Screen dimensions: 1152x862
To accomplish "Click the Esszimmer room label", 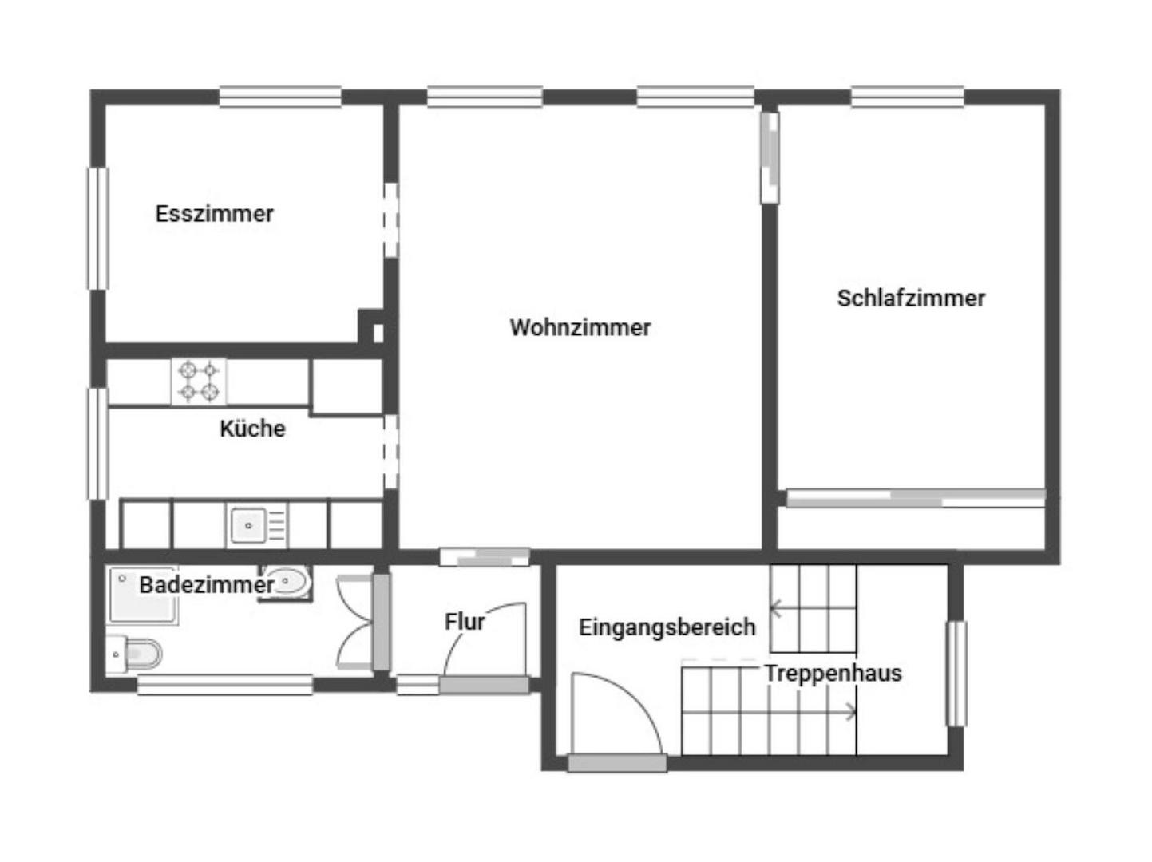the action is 214,214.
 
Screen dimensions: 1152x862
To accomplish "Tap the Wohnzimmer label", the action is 580,327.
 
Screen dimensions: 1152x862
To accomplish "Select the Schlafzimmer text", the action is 911,298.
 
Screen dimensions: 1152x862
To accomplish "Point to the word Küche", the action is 252,428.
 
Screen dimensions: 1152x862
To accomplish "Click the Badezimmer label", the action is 206,584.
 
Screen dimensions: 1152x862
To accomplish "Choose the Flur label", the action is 465,621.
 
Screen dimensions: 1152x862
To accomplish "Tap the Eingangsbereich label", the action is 667,627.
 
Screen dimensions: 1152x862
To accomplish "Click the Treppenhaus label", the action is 833,673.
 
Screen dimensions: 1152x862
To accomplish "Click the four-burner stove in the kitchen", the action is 199,382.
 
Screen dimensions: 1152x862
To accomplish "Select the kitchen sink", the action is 257,525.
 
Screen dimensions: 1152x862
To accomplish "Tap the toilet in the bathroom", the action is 134,654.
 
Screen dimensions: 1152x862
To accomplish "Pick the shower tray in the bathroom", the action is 143,595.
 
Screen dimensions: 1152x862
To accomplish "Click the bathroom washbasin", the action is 286,583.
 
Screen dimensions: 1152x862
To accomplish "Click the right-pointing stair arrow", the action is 769,712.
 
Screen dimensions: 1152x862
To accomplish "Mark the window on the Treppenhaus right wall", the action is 956,674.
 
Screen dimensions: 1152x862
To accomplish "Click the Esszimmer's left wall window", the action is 97,228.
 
